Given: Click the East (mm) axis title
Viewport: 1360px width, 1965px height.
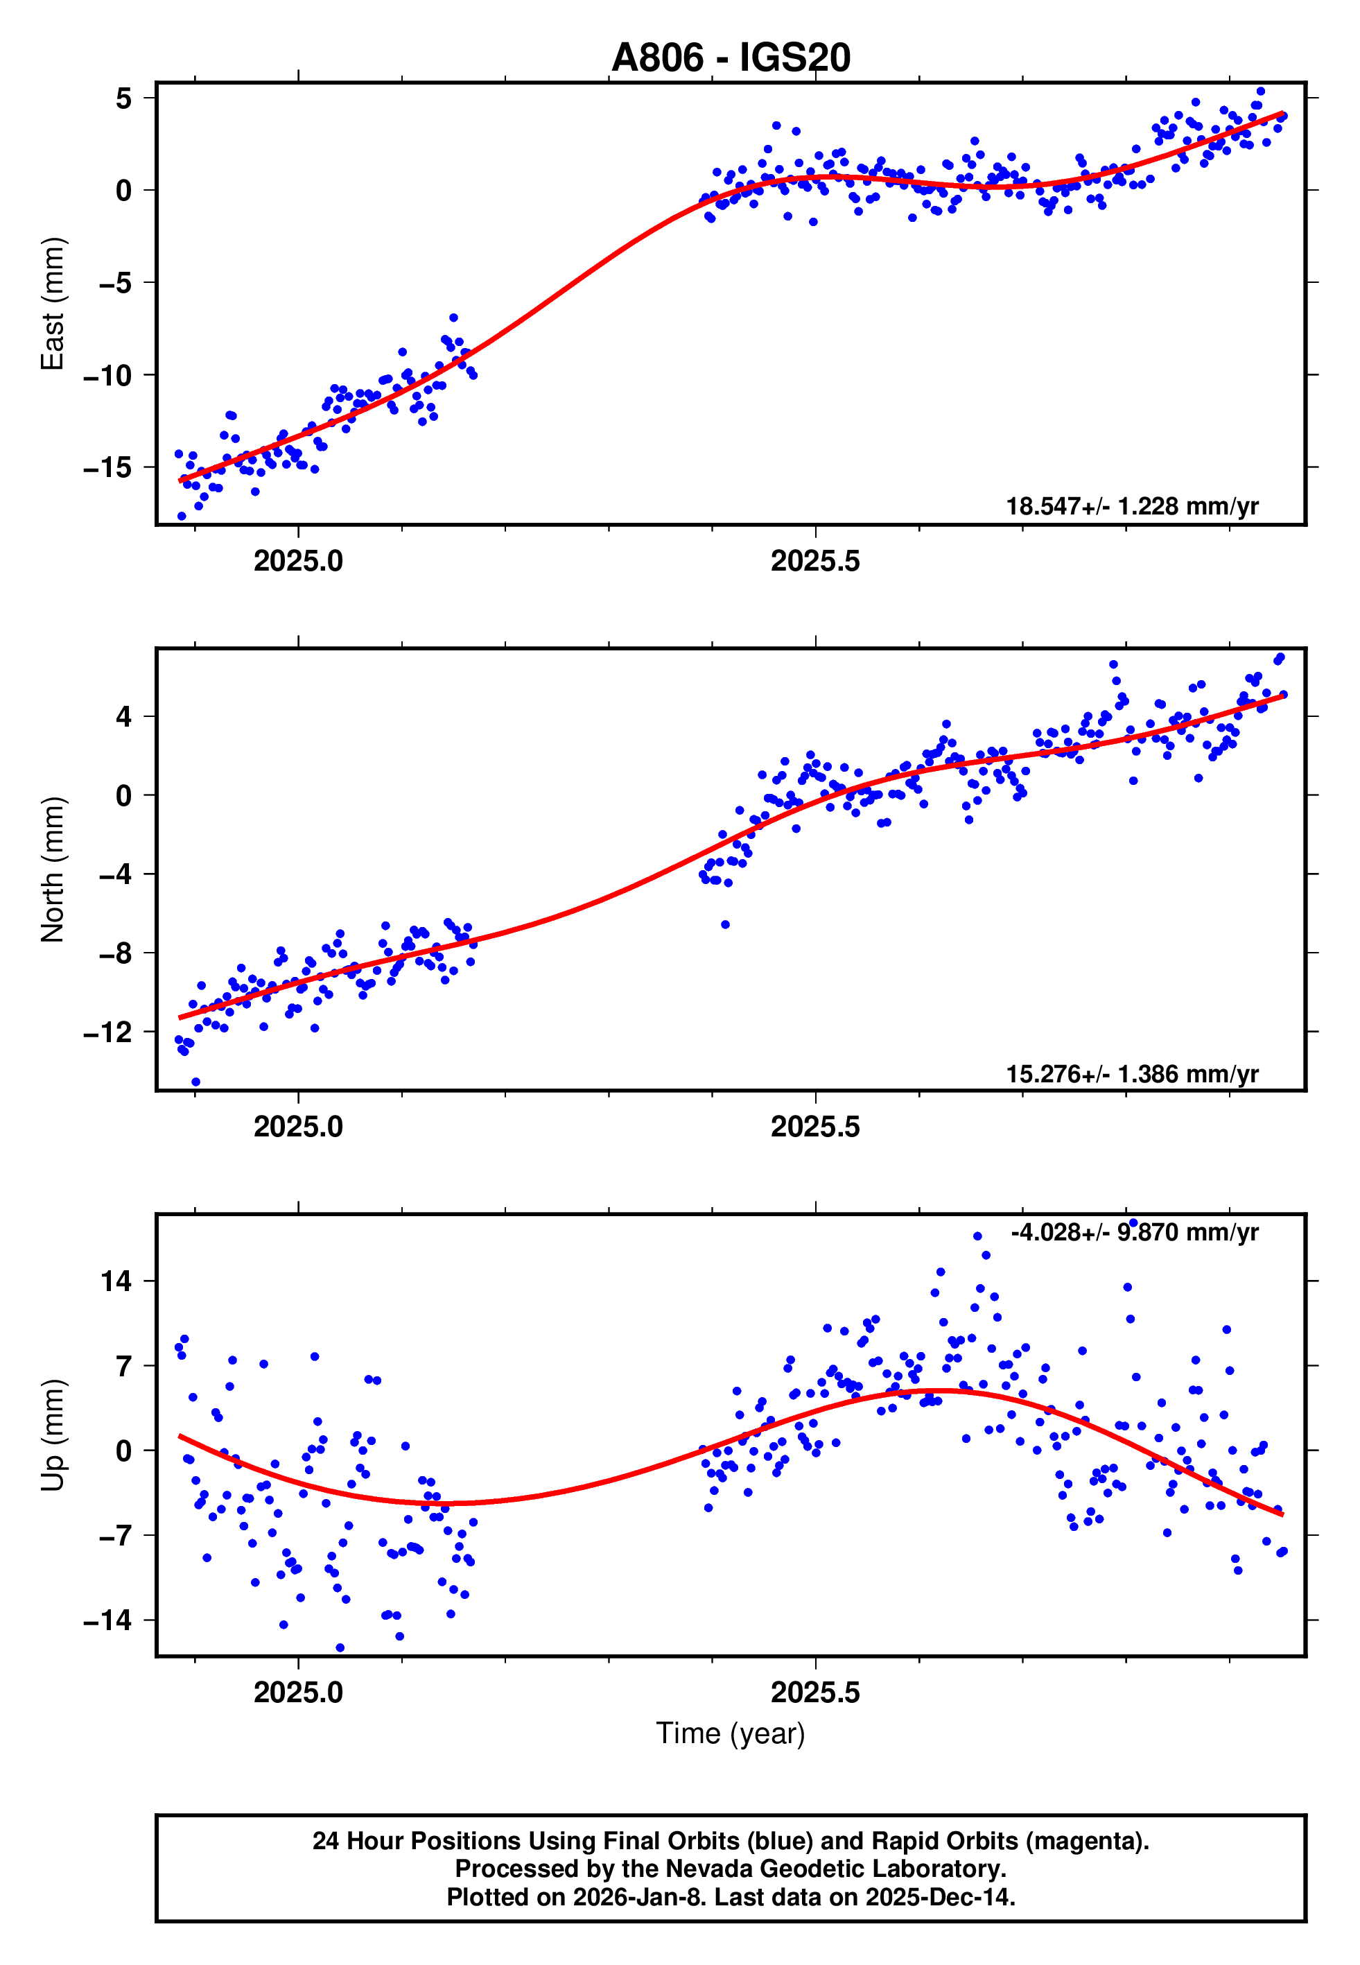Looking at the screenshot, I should pos(53,304).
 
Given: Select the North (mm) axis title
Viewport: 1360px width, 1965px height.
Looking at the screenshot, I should pos(53,869).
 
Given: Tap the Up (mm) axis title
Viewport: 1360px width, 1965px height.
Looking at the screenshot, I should pos(53,1435).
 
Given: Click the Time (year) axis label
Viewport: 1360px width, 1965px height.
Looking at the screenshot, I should pos(731,1733).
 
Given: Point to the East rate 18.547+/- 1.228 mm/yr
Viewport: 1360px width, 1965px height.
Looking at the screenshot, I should pos(1132,506).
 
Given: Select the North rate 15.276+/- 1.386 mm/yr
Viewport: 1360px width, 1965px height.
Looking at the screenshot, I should pos(1132,1073).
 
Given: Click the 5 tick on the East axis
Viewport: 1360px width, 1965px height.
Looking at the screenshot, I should pos(124,98).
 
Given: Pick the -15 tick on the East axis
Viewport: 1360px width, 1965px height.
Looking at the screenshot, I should pos(108,468).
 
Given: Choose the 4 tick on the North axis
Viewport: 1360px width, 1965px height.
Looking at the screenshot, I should pos(124,717).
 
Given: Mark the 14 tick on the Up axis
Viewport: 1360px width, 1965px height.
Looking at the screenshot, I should pos(116,1281).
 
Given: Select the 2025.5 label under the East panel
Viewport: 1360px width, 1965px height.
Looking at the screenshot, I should pos(814,562).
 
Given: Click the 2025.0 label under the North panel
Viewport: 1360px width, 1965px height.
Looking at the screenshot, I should pos(298,1127).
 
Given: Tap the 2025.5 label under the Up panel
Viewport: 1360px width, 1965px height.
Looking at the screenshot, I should pos(814,1693).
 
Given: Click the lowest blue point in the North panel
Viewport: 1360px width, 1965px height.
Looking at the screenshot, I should pos(196,1082).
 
